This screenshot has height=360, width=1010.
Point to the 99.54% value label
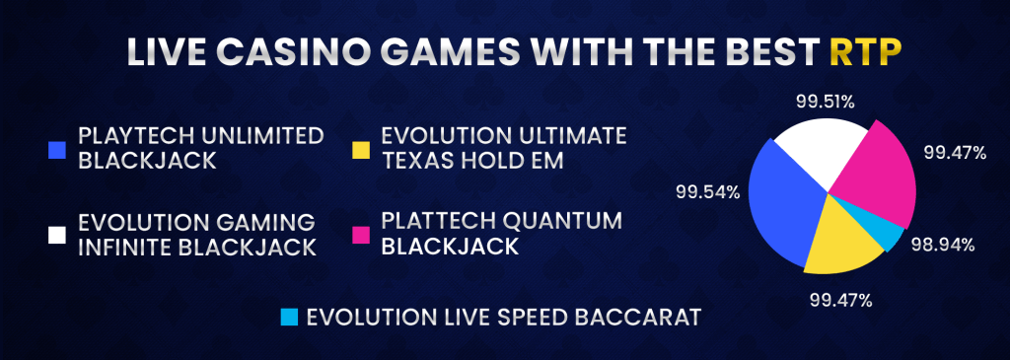tap(706, 191)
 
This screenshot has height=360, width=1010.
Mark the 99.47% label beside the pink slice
tap(955, 153)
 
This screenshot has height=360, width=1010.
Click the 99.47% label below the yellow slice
tap(841, 300)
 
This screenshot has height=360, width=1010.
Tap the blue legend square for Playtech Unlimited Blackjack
tap(57, 150)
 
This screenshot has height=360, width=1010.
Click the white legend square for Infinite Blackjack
tap(57, 235)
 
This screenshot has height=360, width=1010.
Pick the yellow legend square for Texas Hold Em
tap(361, 150)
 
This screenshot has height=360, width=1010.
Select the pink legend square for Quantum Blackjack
tap(361, 235)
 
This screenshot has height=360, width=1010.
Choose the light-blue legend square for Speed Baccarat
tap(290, 318)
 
